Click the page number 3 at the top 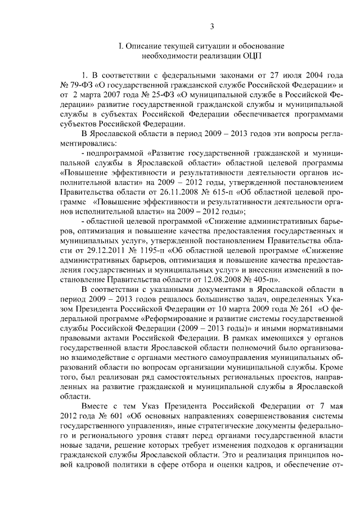tap(211, 26)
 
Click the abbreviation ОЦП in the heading tap(251, 56)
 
